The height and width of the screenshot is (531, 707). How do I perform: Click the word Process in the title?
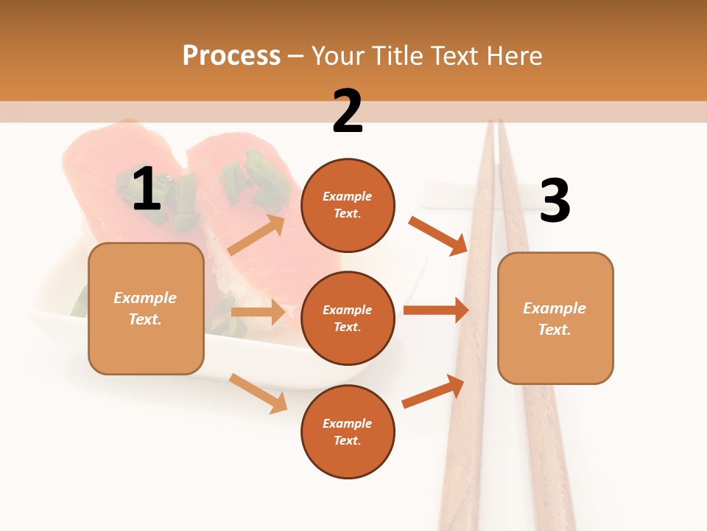pyautogui.click(x=231, y=56)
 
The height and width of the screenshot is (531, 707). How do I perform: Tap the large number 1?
pyautogui.click(x=147, y=189)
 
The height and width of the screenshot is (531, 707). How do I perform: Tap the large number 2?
pyautogui.click(x=348, y=111)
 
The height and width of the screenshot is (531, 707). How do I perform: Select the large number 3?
pyautogui.click(x=555, y=201)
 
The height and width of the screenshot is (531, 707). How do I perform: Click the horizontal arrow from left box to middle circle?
pyautogui.click(x=258, y=312)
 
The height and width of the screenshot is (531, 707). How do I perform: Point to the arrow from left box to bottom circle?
pyautogui.click(x=258, y=393)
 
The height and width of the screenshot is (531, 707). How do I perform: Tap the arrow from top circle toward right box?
pyautogui.click(x=438, y=235)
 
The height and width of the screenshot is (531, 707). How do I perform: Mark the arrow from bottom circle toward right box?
pyautogui.click(x=434, y=392)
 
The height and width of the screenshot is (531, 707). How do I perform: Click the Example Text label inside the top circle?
pyautogui.click(x=348, y=205)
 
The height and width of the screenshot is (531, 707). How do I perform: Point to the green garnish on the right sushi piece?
pyautogui.click(x=258, y=177)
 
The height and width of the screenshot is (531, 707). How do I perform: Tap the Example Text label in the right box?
pyautogui.click(x=555, y=319)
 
